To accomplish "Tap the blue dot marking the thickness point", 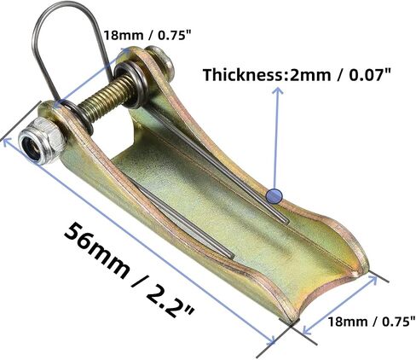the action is click(274, 196).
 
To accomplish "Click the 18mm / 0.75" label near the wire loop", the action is click(147, 36).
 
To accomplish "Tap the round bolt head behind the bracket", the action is click(162, 60).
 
